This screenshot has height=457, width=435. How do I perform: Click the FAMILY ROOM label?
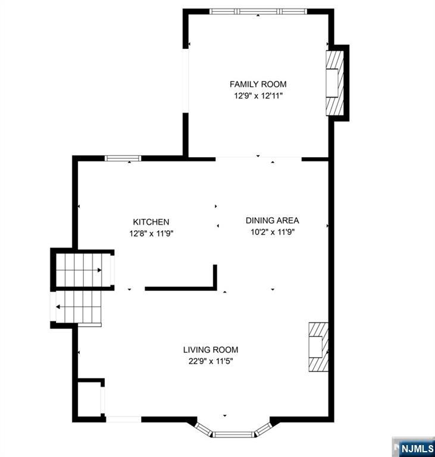(x=258, y=84)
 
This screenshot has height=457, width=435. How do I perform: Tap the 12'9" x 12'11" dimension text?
(x=258, y=96)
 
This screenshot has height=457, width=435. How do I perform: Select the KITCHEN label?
(x=151, y=222)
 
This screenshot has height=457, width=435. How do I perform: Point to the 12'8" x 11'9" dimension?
(x=151, y=233)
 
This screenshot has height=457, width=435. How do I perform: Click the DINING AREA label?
(x=272, y=221)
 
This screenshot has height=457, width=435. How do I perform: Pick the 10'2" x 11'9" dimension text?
(x=272, y=232)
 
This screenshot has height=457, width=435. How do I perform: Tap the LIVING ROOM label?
(x=211, y=350)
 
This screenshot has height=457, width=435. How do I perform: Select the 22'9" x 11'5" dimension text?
(x=211, y=361)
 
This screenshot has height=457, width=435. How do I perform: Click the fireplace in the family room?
(x=335, y=82)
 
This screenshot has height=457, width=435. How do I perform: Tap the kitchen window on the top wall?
(x=123, y=158)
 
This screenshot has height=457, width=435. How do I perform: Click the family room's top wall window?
(x=258, y=11)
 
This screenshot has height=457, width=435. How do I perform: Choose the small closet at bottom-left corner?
(x=90, y=398)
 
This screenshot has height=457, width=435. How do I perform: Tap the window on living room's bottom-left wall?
(x=124, y=419)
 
